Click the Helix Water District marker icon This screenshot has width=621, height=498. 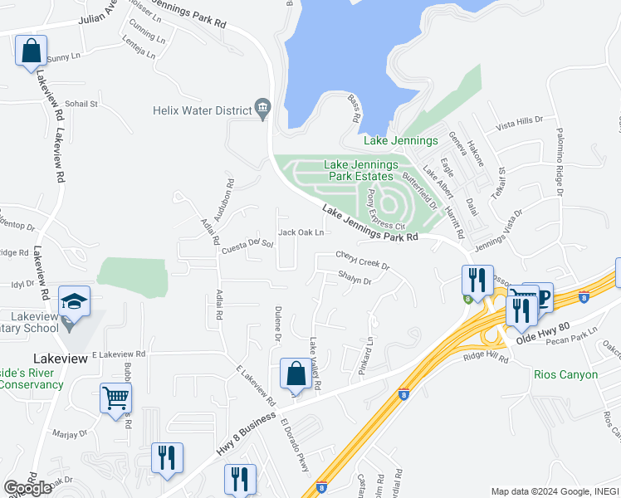[x=264, y=110]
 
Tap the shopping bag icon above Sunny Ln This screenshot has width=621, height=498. [x=31, y=51]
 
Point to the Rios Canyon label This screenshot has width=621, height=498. [x=566, y=374]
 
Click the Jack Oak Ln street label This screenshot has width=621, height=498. [x=301, y=233]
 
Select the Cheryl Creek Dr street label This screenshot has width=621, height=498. [x=363, y=260]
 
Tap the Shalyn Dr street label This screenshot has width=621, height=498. [x=355, y=280]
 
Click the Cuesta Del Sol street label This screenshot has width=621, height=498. [x=247, y=247]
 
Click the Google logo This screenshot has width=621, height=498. [x=28, y=488]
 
